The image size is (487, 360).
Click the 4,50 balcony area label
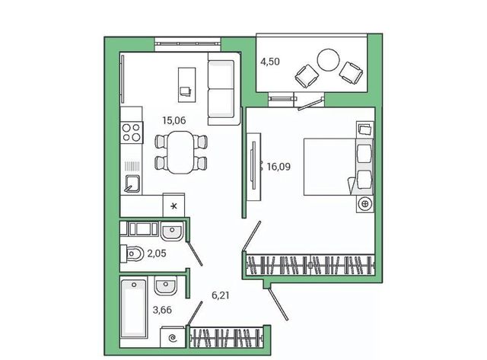point(270,62)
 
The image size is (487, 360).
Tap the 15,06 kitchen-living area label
point(174,120)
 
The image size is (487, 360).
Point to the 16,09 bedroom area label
point(279,167)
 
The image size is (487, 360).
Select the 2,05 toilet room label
point(157,253)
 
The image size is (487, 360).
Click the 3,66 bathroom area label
point(162,310)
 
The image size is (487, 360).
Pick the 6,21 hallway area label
point(221,295)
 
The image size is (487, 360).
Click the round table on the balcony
point(328,59)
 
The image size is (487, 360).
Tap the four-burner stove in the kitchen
point(132,132)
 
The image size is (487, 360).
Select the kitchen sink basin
point(132,184)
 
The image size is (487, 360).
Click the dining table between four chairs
point(180,152)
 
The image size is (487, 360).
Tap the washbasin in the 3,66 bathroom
point(166,285)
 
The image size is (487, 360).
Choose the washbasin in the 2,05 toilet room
point(171,231)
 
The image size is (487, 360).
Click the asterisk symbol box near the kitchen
point(174,205)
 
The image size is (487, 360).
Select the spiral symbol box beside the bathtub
point(173,337)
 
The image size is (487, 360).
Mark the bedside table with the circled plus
point(365,204)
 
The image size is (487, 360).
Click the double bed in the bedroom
point(338,167)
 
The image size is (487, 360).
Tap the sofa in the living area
point(224,89)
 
